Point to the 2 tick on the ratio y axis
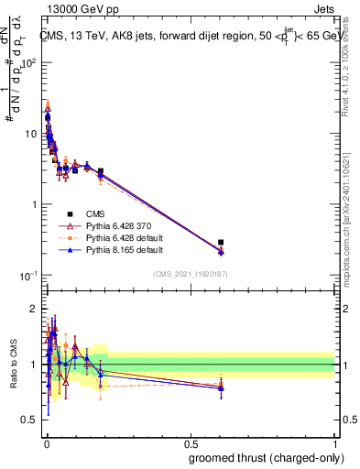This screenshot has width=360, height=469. coord(33,308)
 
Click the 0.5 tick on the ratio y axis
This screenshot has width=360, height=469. coord(29,420)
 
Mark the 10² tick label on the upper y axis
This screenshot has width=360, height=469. coord(30,62)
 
